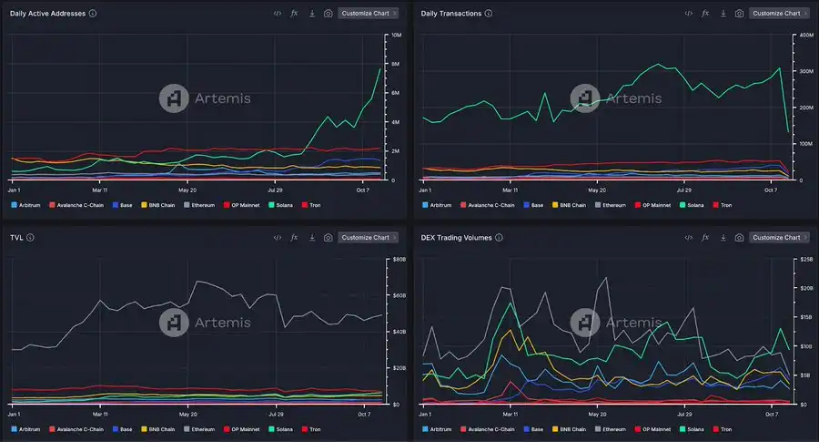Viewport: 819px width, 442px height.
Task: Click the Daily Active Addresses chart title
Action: pos(47,14)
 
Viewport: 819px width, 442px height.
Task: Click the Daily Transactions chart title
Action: pos(450,14)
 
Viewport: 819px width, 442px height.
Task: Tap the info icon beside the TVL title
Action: pos(31,238)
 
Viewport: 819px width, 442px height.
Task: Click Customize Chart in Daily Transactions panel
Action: pos(779,14)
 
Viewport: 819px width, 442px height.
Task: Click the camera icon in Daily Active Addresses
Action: pos(328,14)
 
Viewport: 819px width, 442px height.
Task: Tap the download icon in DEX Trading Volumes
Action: pos(723,238)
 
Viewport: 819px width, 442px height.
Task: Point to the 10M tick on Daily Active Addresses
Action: pos(396,35)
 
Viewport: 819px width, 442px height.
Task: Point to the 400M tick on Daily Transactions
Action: pos(806,35)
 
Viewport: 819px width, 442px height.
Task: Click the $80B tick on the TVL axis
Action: pos(397,259)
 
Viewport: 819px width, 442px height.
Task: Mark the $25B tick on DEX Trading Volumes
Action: pos(806,259)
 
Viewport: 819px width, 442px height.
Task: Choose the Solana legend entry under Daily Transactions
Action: pos(692,205)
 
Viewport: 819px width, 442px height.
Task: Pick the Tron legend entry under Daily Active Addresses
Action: pos(313,205)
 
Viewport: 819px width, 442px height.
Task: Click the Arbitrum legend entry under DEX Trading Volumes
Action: pos(439,429)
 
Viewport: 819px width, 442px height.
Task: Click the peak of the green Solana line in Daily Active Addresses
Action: pos(379,69)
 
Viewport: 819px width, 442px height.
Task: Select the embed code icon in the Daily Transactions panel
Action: pos(688,14)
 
